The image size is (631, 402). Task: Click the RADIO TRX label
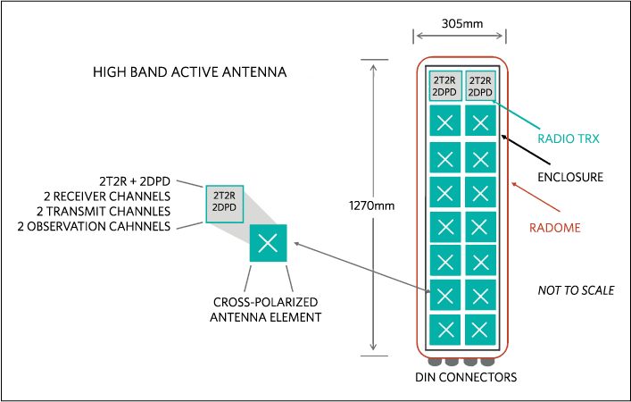[x=569, y=138]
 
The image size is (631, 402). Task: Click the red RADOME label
[x=554, y=228]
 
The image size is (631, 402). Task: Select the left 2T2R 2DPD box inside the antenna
[x=445, y=86]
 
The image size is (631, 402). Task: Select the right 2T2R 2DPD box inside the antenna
[x=480, y=86]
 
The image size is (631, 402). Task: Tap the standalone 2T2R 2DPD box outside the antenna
[x=224, y=204]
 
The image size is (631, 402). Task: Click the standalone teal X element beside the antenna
[x=268, y=243]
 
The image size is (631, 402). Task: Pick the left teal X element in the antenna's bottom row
[x=445, y=329]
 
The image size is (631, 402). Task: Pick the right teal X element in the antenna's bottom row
[x=480, y=329]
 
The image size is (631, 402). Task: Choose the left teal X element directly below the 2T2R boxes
[x=445, y=121]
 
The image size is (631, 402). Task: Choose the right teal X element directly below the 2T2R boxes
[x=480, y=121]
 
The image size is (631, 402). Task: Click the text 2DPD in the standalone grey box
[x=224, y=209]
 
